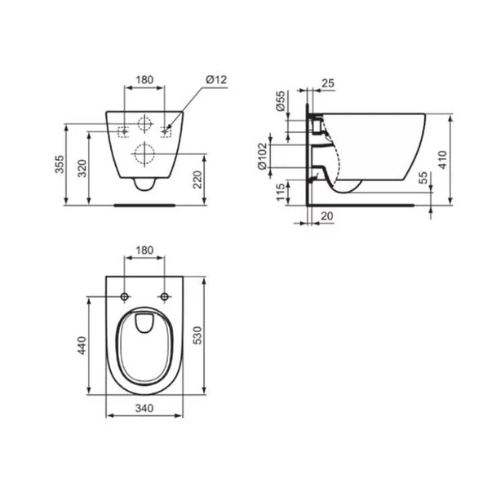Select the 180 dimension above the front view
[x=144, y=79]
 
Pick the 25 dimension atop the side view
[x=328, y=82]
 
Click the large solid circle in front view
[x=144, y=153]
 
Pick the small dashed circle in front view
[x=144, y=125]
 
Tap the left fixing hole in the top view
[x=124, y=295]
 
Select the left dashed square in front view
[x=124, y=131]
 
